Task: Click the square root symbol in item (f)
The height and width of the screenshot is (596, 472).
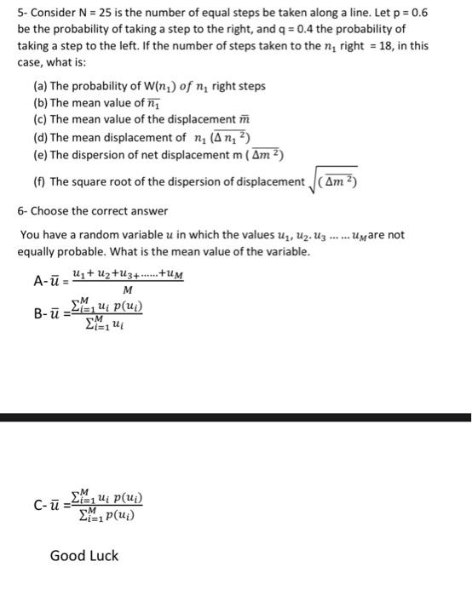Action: point(314,181)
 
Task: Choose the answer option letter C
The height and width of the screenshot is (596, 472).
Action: point(38,506)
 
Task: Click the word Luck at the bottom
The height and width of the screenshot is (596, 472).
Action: point(103,556)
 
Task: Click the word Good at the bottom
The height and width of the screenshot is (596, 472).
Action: point(66,556)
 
